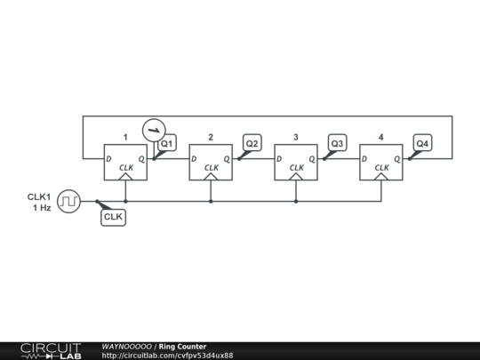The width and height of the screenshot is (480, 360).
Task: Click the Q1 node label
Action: point(167,143)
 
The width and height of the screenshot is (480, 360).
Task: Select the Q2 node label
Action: point(252,143)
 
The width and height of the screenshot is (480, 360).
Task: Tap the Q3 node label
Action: point(337,143)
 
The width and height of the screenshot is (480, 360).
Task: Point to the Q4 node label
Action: point(422,143)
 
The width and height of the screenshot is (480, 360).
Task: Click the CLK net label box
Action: point(113,216)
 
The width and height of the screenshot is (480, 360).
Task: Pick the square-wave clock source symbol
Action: point(68,202)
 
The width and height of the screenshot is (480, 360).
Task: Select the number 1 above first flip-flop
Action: point(125,137)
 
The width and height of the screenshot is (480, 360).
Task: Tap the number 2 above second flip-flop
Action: point(211,137)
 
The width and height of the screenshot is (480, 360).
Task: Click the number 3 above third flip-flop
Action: point(295,137)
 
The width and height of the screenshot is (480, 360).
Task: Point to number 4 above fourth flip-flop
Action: point(380,137)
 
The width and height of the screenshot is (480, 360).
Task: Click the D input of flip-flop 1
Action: point(108,160)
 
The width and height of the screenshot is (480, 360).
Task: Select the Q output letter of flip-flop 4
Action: point(396,160)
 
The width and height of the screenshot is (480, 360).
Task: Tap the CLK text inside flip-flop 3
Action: point(296,167)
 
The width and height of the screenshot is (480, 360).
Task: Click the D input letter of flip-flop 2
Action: point(194,160)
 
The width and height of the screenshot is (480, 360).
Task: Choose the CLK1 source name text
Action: point(39,196)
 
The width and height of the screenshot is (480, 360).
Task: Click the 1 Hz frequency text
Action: point(41,207)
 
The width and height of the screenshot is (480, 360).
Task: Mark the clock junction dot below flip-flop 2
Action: point(211,202)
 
